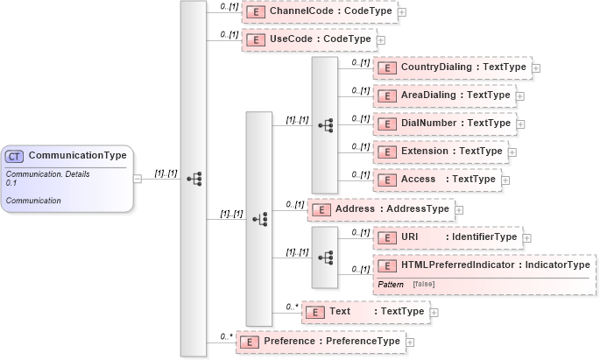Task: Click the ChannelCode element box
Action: (319, 12)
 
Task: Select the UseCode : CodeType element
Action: (307, 40)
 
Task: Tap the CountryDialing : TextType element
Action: (451, 67)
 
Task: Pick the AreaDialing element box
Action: (443, 95)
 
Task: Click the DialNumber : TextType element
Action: (443, 124)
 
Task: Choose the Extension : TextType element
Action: (440, 152)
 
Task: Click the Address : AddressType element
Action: (380, 209)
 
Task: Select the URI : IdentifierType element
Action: (447, 237)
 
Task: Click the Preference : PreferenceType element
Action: (320, 342)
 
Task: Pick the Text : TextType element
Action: (364, 312)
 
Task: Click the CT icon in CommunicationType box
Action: (15, 157)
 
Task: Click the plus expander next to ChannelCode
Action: (402, 12)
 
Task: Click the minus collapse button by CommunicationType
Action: (138, 179)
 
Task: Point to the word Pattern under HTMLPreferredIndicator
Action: (391, 285)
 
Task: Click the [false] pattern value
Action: (423, 285)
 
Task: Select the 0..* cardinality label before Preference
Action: (226, 335)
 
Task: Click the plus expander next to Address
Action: (459, 209)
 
